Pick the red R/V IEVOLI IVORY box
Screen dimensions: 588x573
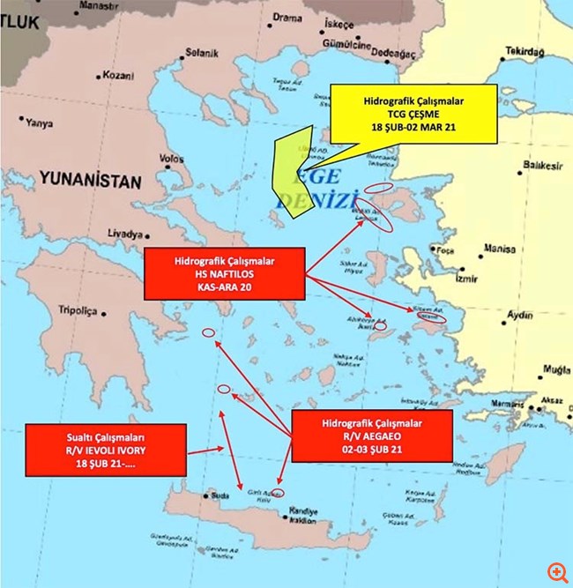pyautogui.click(x=106, y=450)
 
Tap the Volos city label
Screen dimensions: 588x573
pyautogui.click(x=171, y=159)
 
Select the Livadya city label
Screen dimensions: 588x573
pyautogui.click(x=124, y=235)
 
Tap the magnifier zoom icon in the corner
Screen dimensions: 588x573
pyautogui.click(x=555, y=570)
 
